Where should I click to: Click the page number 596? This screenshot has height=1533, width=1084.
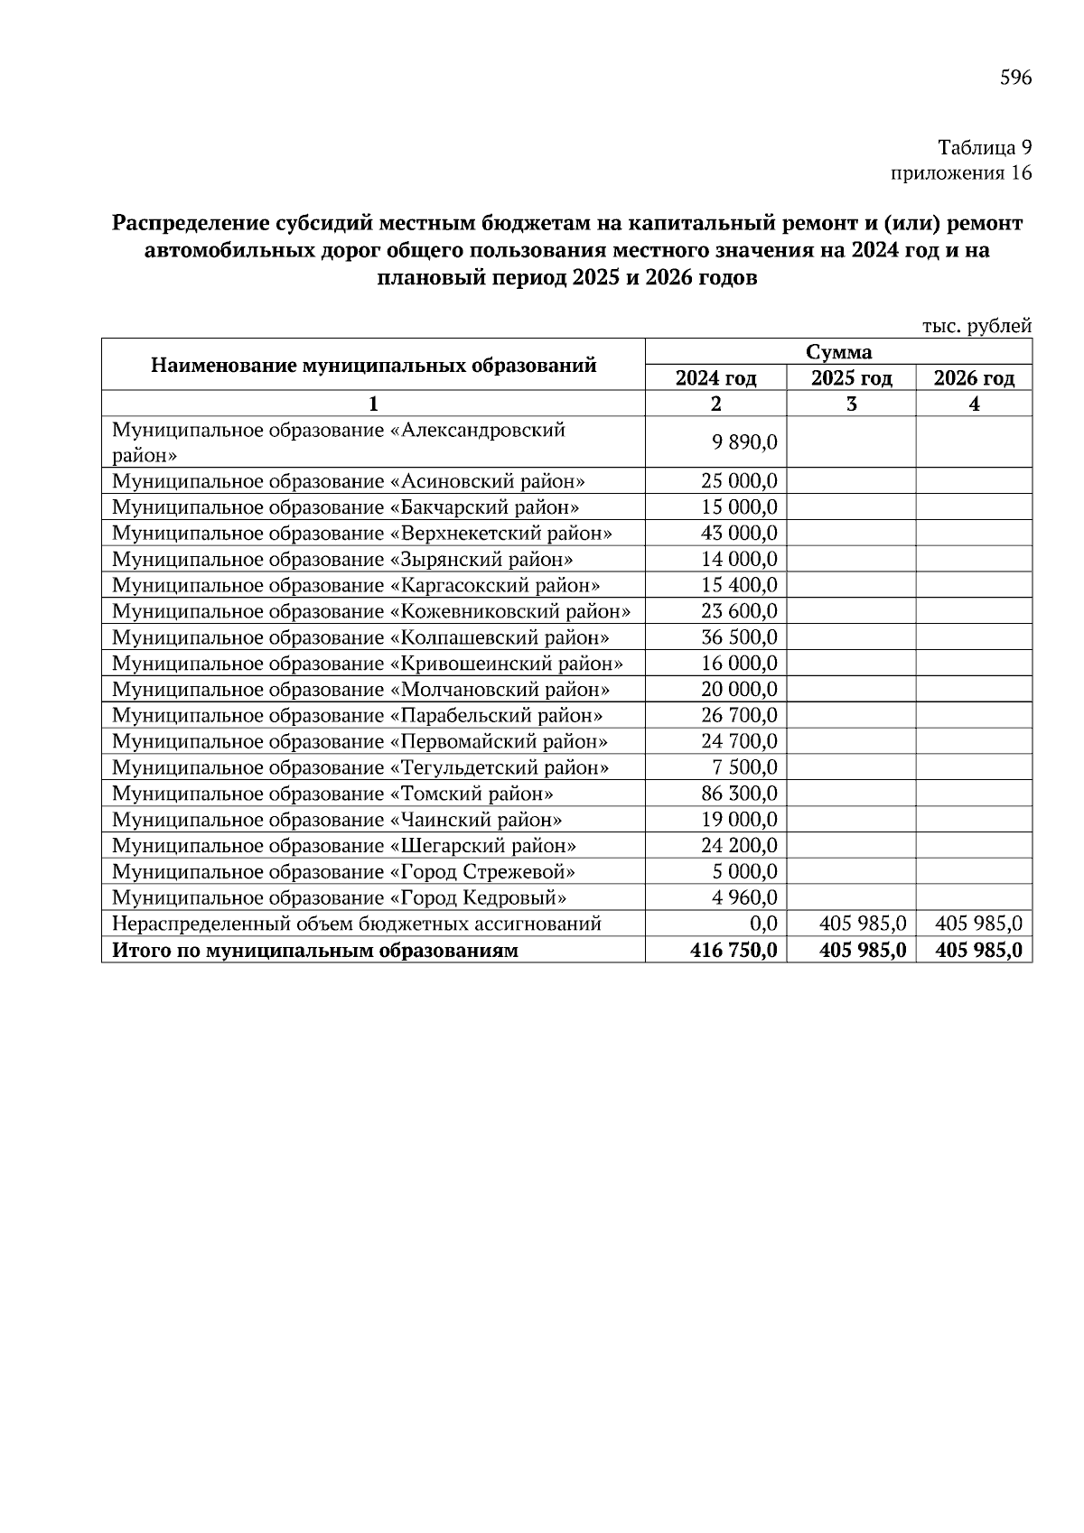point(1015,78)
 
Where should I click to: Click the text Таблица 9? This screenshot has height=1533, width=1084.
point(984,147)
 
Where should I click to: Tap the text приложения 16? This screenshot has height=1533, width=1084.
point(961,173)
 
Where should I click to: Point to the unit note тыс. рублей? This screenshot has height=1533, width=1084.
point(977,326)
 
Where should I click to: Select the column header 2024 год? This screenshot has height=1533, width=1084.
point(715,378)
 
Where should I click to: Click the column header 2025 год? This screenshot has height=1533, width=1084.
point(851,378)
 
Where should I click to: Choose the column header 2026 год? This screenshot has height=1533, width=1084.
point(974,378)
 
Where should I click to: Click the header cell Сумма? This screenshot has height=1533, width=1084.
point(838,352)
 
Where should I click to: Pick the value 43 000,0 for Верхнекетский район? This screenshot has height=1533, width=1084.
point(739,534)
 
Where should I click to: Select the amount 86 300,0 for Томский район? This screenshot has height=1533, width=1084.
point(739,794)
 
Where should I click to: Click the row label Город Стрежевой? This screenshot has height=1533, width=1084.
point(343,872)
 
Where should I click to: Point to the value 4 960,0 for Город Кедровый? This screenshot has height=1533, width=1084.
point(745,898)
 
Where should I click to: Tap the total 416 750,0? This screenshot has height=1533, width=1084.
point(734,951)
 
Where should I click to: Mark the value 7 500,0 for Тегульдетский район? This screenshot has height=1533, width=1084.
point(745,768)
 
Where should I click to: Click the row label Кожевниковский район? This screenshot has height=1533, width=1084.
point(370,611)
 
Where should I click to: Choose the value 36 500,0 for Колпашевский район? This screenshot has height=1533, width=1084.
point(739,637)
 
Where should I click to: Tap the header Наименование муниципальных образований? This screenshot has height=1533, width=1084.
point(373,366)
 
